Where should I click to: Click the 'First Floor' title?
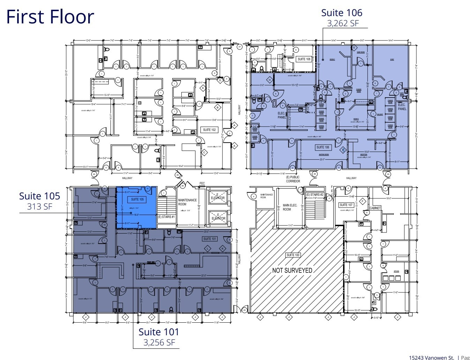[50, 17]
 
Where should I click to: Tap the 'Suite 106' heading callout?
[341, 13]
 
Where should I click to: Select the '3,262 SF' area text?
[342, 23]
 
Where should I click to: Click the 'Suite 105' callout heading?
[39, 196]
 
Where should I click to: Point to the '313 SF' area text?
[39, 207]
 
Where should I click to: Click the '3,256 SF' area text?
[159, 343]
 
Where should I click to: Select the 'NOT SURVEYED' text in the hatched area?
[292, 270]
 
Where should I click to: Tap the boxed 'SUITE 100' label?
[293, 255]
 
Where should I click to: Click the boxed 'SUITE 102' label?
[209, 130]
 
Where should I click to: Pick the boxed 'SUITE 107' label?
[346, 205]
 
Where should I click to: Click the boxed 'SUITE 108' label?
[304, 59]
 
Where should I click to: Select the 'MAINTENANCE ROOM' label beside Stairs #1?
[187, 202]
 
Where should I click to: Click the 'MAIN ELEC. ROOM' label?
[290, 207]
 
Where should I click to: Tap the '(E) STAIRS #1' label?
[166, 217]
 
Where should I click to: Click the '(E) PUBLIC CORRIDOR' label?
[293, 179]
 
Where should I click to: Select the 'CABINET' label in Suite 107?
[375, 208]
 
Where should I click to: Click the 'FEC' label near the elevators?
[202, 183]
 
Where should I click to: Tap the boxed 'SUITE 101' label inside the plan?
[210, 239]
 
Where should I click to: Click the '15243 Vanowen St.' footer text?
[431, 357]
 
